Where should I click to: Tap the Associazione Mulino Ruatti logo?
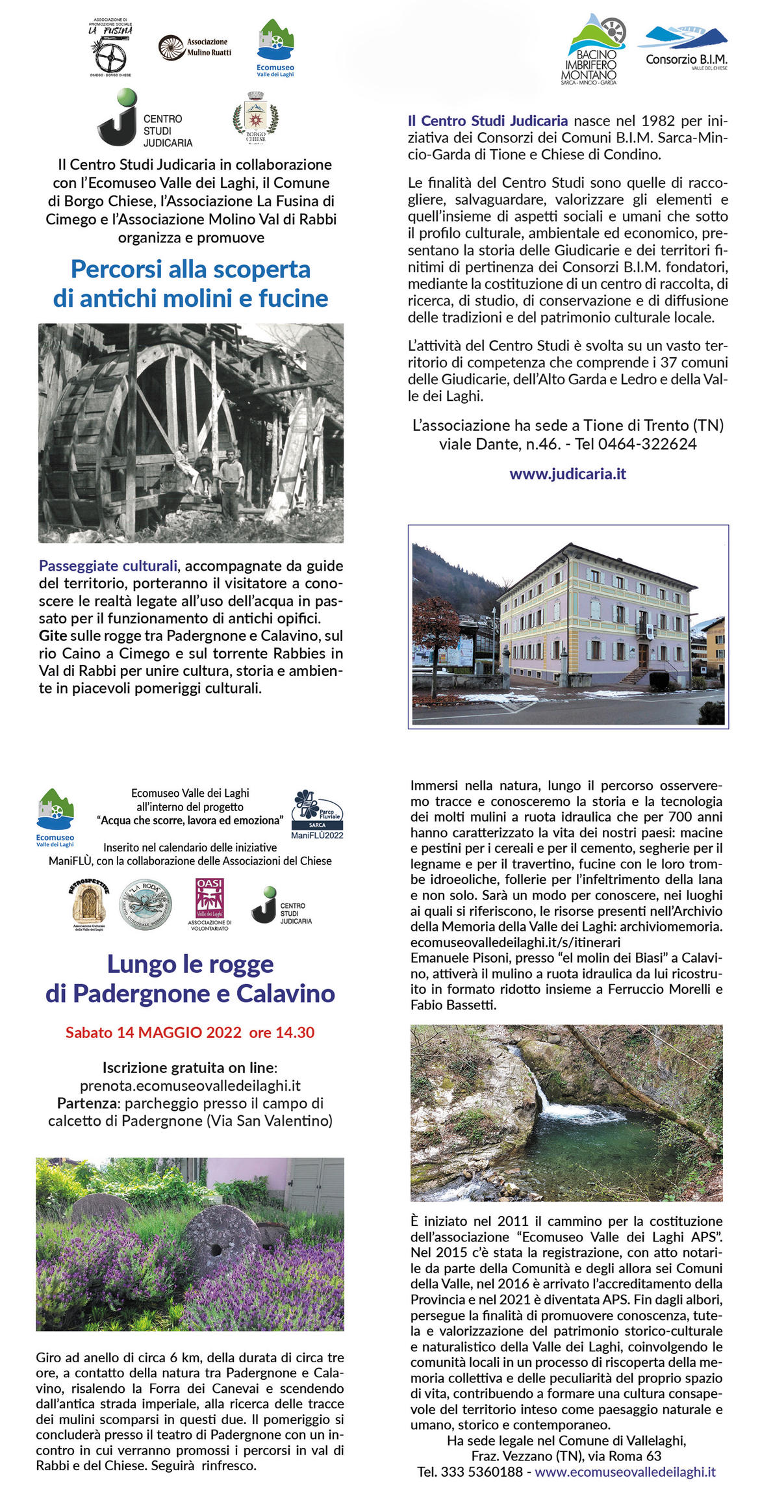[x=194, y=47]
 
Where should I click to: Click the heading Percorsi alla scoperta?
[x=190, y=269]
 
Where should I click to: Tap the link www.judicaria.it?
[x=567, y=474]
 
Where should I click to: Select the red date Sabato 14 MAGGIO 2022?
[x=153, y=1033]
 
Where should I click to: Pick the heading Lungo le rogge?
[x=190, y=964]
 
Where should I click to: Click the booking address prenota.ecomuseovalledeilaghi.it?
[x=190, y=1085]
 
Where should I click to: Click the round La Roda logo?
[x=148, y=904]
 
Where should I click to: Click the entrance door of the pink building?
[x=642, y=655]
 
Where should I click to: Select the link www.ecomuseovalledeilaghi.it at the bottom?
[x=625, y=1471]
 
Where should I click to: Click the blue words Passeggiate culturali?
[x=108, y=566]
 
